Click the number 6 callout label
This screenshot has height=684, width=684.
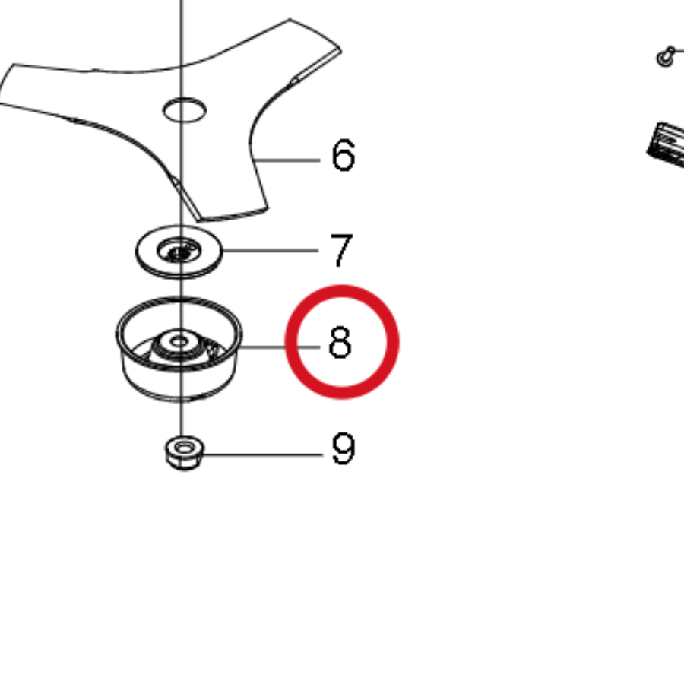(344, 155)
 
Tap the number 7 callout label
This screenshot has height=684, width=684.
(341, 249)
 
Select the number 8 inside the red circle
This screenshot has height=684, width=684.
(340, 343)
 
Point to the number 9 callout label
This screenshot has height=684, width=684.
(344, 448)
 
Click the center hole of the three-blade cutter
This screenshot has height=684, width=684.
(185, 110)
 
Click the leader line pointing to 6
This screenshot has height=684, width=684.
(287, 160)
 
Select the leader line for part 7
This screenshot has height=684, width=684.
(271, 250)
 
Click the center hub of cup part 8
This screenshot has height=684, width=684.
(179, 344)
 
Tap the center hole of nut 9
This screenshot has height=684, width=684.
(185, 447)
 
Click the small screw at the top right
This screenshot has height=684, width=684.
(667, 56)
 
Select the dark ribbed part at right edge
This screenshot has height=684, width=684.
(666, 144)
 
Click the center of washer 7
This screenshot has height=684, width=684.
(179, 252)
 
